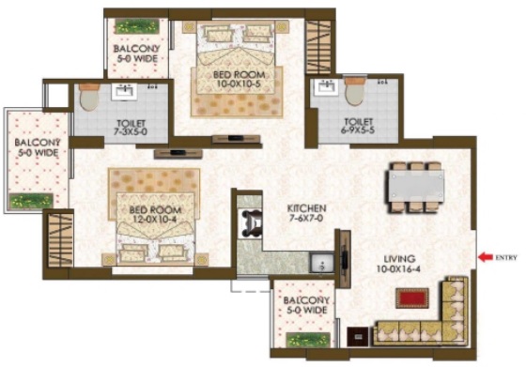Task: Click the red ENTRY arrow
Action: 485,257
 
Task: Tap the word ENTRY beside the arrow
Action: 506,258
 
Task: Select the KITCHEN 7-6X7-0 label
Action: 306,213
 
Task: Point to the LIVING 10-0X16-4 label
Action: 398,264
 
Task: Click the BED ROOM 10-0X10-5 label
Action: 239,79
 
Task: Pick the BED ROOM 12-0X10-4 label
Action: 155,215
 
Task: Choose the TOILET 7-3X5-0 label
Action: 131,128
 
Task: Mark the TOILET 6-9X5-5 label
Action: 358,126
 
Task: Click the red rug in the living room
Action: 412,298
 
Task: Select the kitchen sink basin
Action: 321,263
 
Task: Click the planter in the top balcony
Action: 137,26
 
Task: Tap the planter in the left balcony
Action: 31,201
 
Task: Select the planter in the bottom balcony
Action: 308,340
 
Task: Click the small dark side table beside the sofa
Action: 358,337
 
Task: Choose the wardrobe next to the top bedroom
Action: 318,47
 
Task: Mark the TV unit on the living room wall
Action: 344,259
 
